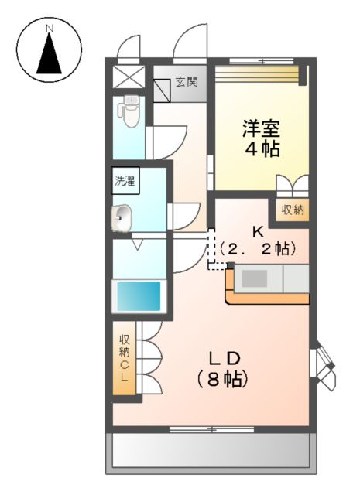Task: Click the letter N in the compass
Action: click(50, 29)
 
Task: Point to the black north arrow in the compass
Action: click(50, 56)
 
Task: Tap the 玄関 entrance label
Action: click(186, 80)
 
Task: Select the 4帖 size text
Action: click(262, 149)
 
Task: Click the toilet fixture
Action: click(129, 113)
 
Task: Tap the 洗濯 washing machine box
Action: click(125, 183)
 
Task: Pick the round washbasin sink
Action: click(124, 219)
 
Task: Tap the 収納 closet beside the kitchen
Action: click(292, 209)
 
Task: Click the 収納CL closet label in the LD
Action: click(125, 357)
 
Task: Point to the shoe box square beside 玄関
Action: click(162, 90)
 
